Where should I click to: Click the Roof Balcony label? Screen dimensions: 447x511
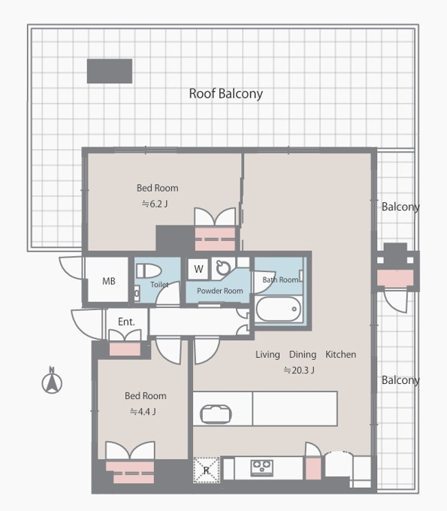click(226, 94)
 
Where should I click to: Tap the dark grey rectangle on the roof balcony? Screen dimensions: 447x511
click(110, 71)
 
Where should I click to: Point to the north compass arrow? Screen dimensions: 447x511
click(52, 380)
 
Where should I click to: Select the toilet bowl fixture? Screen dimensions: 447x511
click(149, 271)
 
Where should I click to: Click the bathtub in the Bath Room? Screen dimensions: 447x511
click(278, 309)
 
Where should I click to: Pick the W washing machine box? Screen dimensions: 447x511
click(198, 269)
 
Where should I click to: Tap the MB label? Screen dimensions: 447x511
click(109, 281)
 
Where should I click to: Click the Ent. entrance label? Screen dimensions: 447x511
click(126, 322)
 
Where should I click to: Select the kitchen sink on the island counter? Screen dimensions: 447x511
click(216, 414)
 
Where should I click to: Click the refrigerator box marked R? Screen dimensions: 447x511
click(207, 470)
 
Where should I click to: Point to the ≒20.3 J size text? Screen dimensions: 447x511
click(299, 370)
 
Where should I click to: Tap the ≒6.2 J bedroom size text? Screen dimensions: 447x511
click(155, 204)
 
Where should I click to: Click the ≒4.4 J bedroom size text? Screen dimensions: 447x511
click(143, 412)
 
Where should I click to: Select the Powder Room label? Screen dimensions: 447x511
click(220, 291)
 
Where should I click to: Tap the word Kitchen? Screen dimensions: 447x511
click(341, 354)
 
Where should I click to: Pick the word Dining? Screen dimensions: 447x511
click(303, 355)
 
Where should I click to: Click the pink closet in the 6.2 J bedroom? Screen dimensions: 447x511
click(215, 239)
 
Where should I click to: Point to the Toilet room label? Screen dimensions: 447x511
click(159, 285)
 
